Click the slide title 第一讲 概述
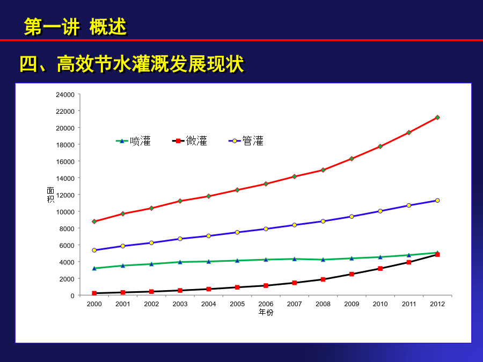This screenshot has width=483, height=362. coord(76,27)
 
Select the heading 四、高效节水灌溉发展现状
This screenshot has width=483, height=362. coord(132,64)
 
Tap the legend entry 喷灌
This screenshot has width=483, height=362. coord(134,141)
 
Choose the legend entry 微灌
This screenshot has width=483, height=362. coord(189,141)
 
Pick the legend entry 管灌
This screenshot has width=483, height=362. coord(246,141)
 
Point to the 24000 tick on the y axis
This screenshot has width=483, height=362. coord(65,95)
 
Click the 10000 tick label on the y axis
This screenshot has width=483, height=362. coord(65,212)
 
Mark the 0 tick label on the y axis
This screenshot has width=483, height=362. coord(72,296)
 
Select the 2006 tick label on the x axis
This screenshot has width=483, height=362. coord(266,304)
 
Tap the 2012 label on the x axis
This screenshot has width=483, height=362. coord(437,304)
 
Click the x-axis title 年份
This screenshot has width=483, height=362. coord(266,313)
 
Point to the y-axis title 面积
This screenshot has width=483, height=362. coord(50,195)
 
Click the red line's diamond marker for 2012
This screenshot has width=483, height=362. coord(437,117)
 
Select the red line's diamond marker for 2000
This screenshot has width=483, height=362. coord(94,221)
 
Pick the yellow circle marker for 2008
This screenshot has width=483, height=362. coord(323,221)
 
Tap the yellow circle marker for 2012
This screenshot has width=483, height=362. coord(437,201)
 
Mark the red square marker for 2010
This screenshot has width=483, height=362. coord(380,269)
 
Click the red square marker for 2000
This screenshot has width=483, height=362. coord(94,293)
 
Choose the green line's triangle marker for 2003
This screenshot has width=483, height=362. coord(180,262)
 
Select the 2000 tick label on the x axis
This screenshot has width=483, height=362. coord(94,304)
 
